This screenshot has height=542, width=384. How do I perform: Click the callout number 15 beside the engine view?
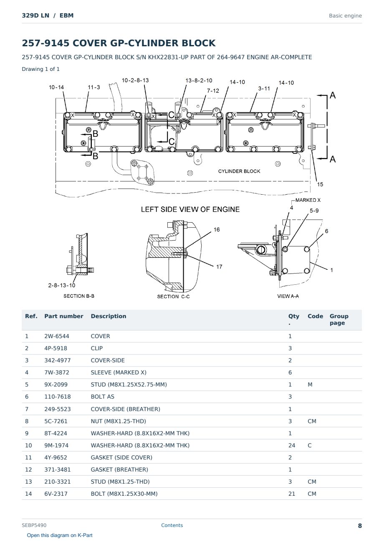320,184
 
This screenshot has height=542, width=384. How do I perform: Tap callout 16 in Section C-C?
217,229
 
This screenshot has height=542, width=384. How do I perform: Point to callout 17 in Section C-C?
219,267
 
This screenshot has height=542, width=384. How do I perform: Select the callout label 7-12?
213,91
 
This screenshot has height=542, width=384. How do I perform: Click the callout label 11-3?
94,87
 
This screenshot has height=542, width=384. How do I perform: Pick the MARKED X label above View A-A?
308,200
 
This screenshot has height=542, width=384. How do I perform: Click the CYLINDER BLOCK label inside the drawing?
239,171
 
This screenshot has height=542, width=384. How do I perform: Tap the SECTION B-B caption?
79,296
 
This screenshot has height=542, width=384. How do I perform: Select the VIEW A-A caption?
288,296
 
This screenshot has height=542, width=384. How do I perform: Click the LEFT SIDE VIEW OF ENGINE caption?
190,209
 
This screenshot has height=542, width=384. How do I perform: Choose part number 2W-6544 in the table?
57,336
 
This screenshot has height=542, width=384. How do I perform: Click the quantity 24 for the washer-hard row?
292,445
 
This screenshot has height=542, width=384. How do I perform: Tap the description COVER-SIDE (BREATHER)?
126,409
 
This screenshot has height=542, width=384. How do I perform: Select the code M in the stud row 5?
310,384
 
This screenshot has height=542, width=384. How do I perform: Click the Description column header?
109,316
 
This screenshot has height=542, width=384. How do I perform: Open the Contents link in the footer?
172,525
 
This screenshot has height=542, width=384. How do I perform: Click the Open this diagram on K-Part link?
60,535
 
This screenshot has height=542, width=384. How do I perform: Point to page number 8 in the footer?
360,526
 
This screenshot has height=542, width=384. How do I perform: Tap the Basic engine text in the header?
345,16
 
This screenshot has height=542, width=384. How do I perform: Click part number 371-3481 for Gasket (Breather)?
58,469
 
